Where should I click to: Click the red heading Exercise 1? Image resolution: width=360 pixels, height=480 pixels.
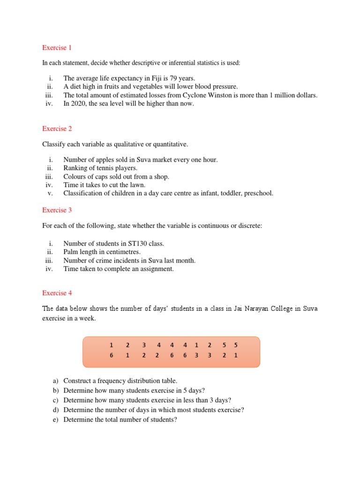[x=57, y=47]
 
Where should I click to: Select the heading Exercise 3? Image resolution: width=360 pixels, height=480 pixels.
[x=57, y=210]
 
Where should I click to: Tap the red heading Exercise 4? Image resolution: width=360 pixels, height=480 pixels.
[x=57, y=293]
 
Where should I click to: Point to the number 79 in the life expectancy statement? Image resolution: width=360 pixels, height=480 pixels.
[x=172, y=79]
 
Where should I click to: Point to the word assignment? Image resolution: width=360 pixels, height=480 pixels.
[x=156, y=269]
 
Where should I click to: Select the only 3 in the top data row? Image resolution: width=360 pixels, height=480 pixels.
[x=143, y=345]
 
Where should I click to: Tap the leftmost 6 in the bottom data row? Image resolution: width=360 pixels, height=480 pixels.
[x=112, y=355]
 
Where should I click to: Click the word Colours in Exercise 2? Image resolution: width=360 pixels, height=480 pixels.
[x=75, y=176]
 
